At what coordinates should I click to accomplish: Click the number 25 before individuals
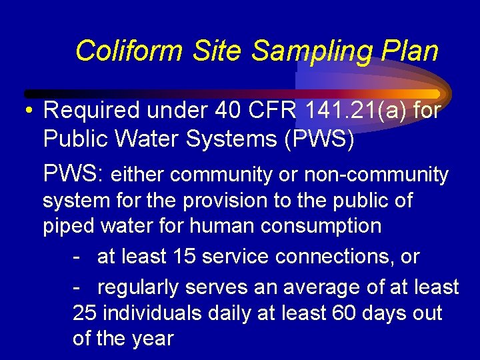tap(85, 313)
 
